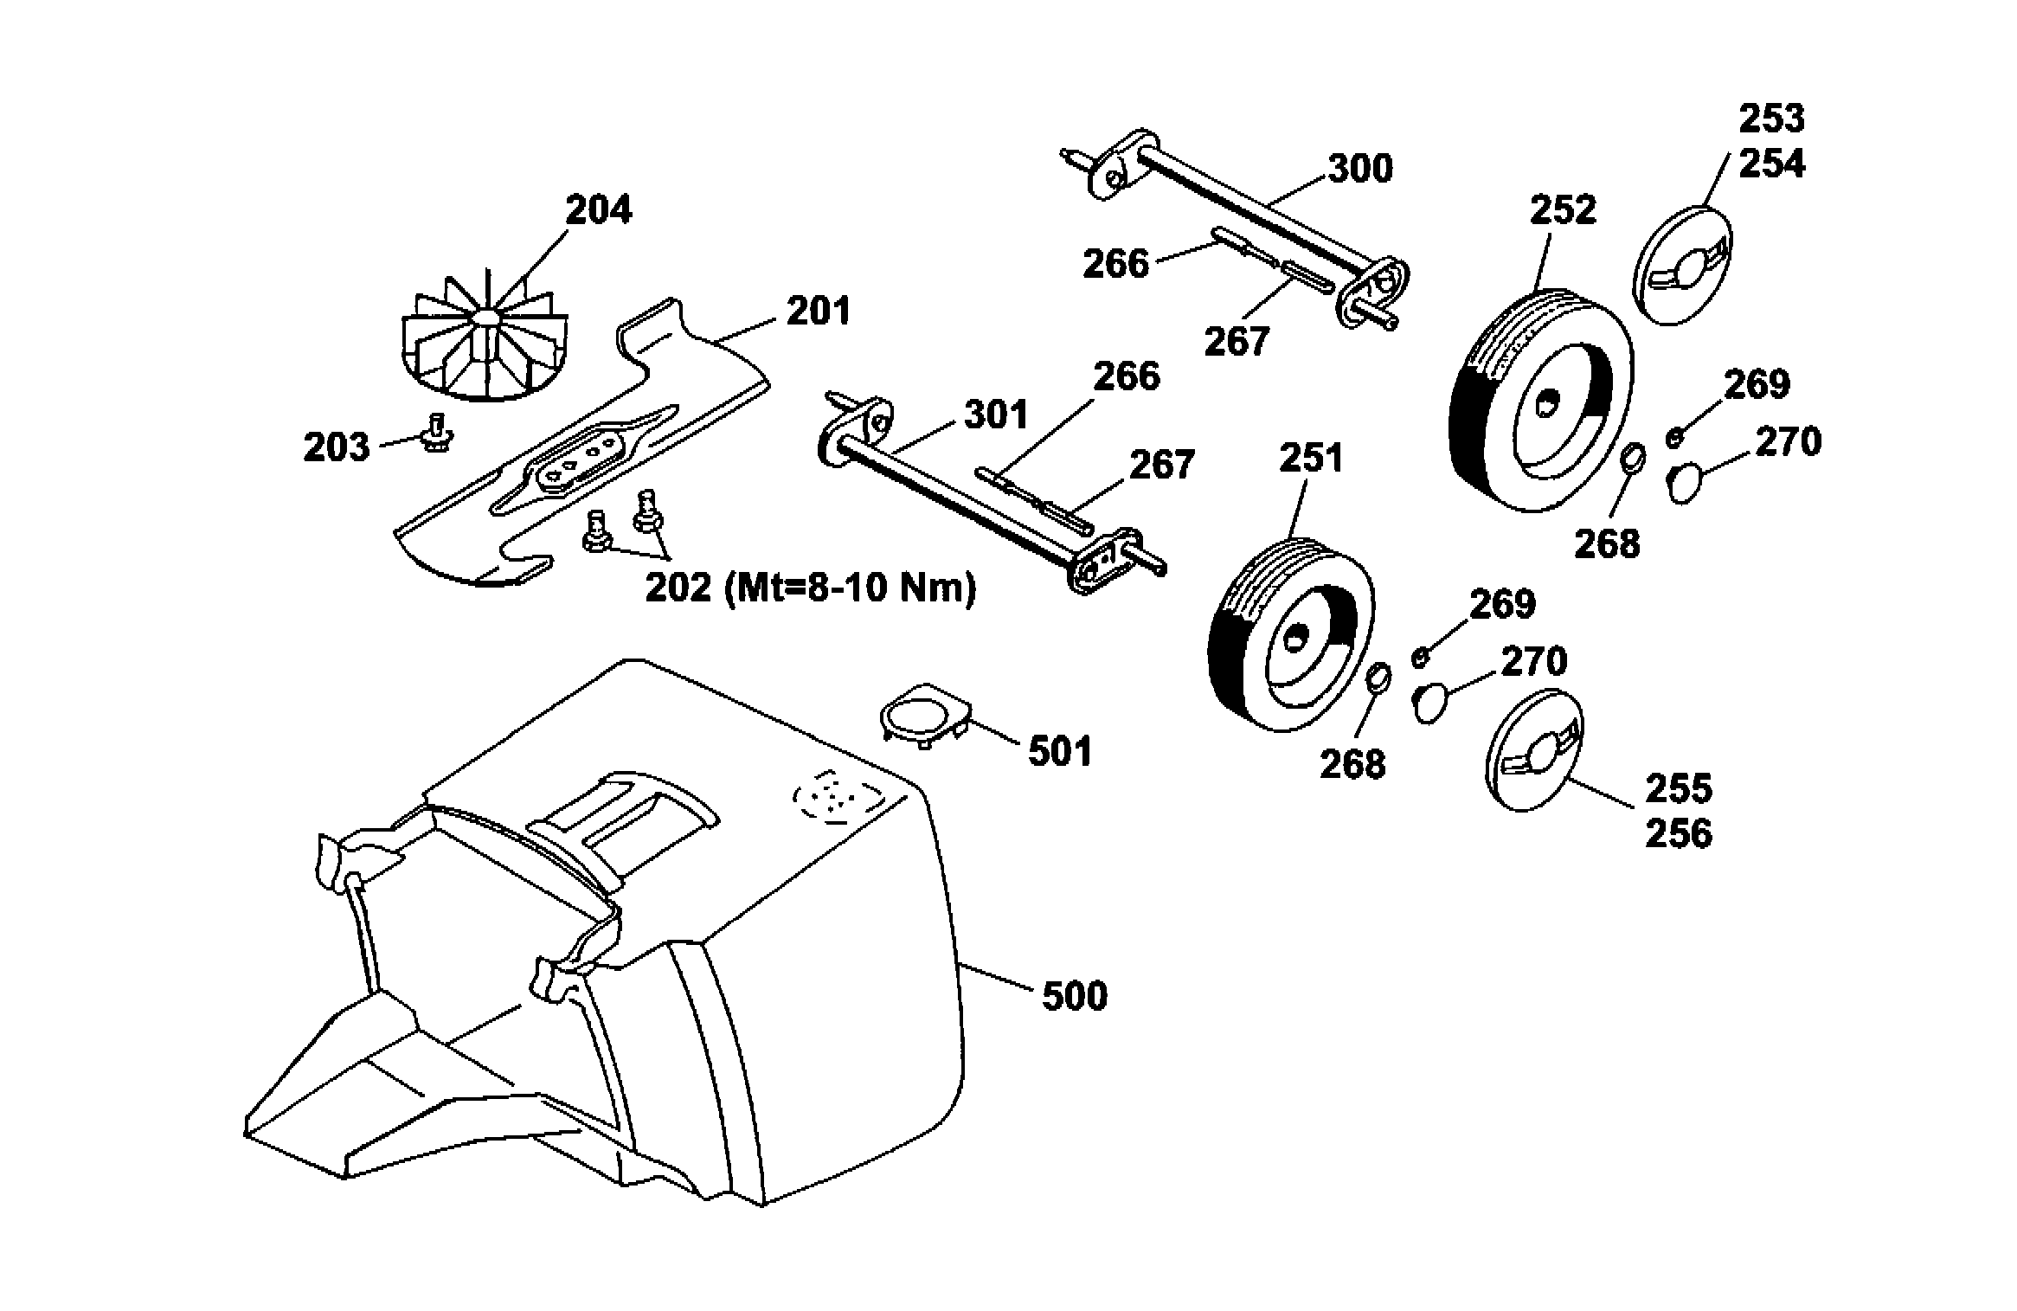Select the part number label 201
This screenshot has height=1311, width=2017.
click(818, 311)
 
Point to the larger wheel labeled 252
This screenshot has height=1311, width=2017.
click(1540, 400)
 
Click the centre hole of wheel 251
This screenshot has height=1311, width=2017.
click(1294, 639)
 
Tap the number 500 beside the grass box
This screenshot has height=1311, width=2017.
click(1074, 996)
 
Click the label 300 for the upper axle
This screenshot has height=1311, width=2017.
click(1360, 168)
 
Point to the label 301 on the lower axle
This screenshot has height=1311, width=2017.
click(996, 415)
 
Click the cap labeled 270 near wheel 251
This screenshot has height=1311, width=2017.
click(1429, 703)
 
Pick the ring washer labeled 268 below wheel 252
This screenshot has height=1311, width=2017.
click(1632, 457)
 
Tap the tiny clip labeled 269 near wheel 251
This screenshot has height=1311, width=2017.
click(1419, 659)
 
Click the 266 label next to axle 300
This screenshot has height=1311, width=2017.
click(1115, 263)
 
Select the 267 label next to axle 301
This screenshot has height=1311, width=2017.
click(1162, 465)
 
